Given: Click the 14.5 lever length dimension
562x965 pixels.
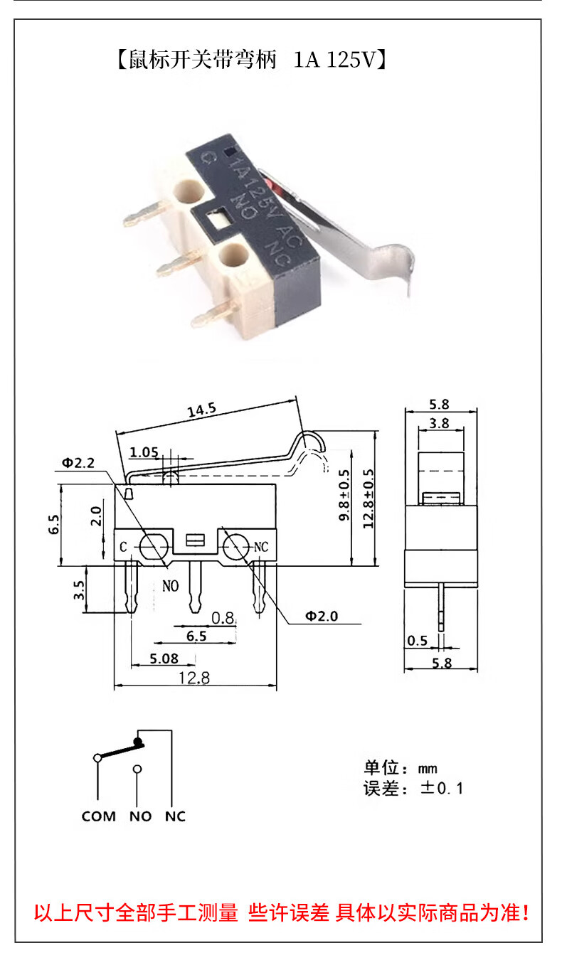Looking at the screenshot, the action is [x=201, y=410].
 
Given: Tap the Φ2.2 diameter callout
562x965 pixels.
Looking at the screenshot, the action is [x=78, y=463].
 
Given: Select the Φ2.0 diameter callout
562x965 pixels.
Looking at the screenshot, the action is [x=322, y=616].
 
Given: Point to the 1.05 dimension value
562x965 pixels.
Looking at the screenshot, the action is [x=144, y=452].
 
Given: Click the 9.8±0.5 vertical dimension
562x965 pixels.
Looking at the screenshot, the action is [x=345, y=496].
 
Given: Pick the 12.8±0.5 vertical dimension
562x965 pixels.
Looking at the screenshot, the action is [x=367, y=496].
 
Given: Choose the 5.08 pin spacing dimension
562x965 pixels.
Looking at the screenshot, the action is [x=164, y=659].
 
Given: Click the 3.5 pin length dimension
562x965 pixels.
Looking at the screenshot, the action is [x=79, y=590].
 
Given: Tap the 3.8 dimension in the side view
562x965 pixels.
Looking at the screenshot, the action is [x=440, y=423].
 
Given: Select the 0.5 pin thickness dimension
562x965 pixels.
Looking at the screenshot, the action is [x=418, y=641].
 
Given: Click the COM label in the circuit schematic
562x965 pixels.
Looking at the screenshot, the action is [x=98, y=816].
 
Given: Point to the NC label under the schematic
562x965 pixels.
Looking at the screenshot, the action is [x=175, y=816].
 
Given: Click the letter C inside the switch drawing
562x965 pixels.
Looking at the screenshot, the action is [x=123, y=547].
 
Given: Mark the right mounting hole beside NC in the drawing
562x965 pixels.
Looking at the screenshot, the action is [x=235, y=547].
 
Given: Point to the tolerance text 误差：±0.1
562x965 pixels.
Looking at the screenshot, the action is [x=413, y=788].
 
